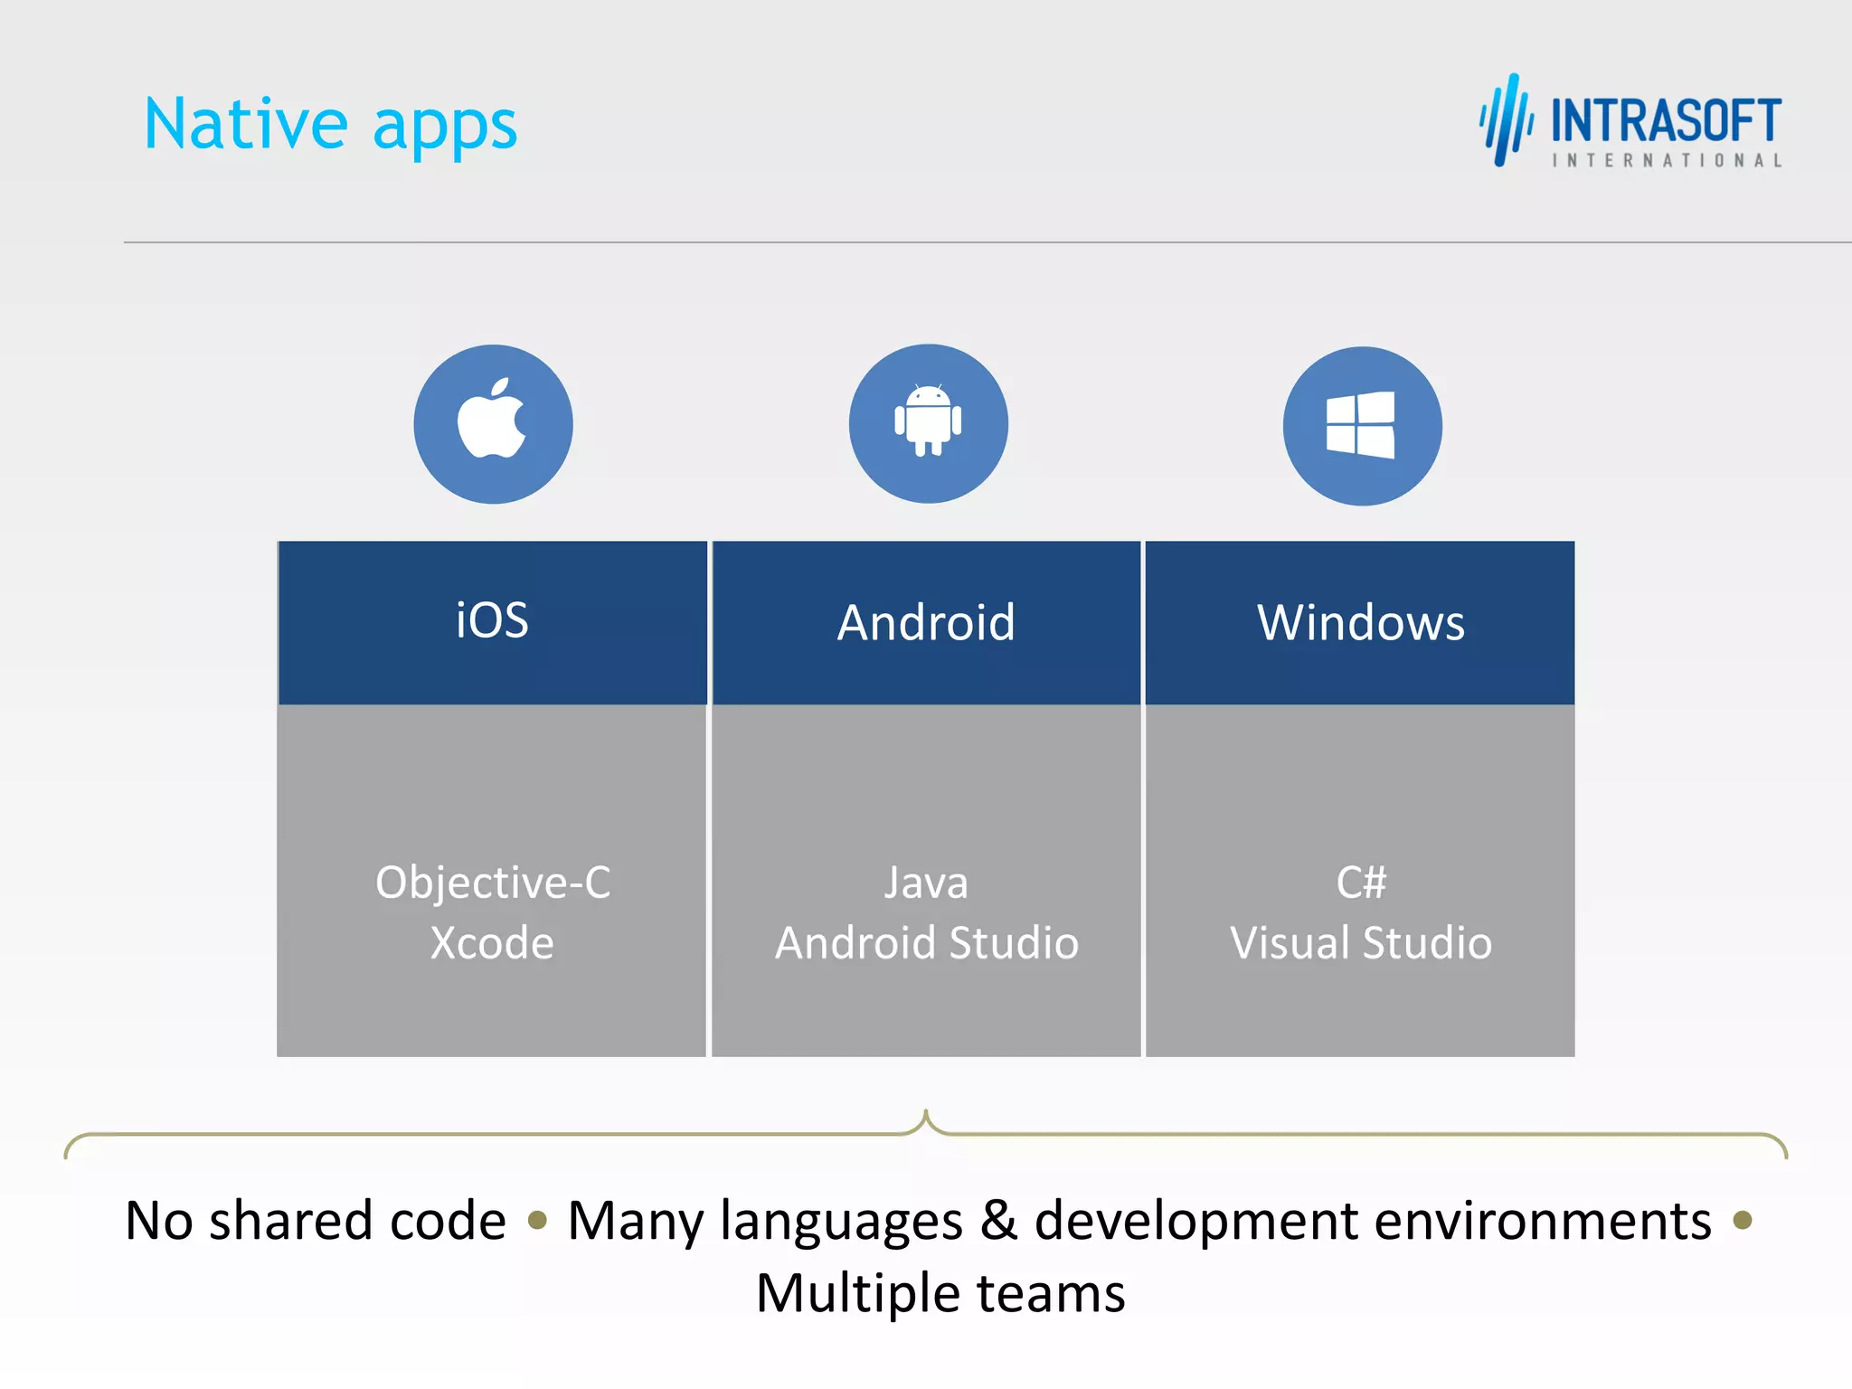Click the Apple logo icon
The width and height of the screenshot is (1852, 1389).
pos(492,420)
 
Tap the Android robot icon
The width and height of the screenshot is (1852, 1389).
pos(928,420)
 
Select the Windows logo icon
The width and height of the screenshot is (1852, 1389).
pos(1361,425)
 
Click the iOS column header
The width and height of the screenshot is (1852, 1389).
pos(492,621)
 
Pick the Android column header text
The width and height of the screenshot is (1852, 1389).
pos(926,623)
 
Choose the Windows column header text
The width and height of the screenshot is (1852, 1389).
pos(1360,623)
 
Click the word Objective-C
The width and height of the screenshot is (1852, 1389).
pos(493,883)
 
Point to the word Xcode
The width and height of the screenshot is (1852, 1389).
pos(492,943)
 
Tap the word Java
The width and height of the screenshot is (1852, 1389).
pos(926,883)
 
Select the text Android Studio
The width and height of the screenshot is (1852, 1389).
pos(927,943)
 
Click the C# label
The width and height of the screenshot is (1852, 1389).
pos(1361,883)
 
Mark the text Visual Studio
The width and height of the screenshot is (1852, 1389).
pos(1361,943)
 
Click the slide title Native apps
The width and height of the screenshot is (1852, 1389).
pos(331,125)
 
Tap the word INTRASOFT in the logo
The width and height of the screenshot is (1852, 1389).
pos(1666,121)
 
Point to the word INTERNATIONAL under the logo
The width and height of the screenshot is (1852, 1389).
pos(1667,161)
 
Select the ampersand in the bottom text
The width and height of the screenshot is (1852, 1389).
pos(998,1220)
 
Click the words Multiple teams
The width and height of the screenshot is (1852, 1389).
pos(940,1293)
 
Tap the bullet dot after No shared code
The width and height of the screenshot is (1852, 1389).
pos(537,1221)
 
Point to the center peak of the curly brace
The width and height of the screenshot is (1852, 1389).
pos(925,1114)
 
